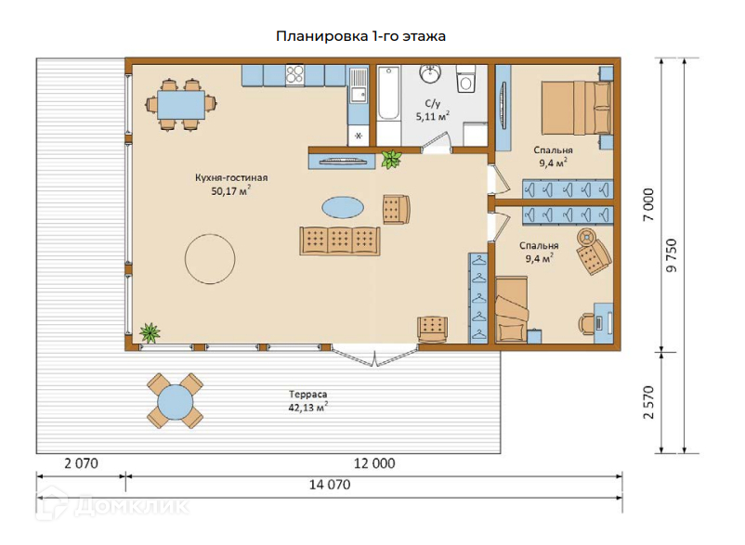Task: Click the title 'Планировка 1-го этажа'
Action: pos(360,36)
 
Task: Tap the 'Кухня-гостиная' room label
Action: pos(231,177)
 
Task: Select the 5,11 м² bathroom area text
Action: pos(432,116)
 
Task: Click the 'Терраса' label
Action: pos(307,394)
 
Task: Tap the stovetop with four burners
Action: pos(294,75)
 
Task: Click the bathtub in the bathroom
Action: pos(389,94)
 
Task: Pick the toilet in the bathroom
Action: pos(465,80)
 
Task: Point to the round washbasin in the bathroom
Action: pos(430,73)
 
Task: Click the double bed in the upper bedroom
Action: pos(576,109)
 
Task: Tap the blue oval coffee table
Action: pos(343,207)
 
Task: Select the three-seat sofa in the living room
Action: pos(340,240)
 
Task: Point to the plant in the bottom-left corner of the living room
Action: pos(150,332)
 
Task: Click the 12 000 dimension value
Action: pos(374,463)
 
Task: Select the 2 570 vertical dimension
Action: pos(648,402)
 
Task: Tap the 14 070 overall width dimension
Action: pos(330,485)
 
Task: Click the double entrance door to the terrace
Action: pos(375,356)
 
